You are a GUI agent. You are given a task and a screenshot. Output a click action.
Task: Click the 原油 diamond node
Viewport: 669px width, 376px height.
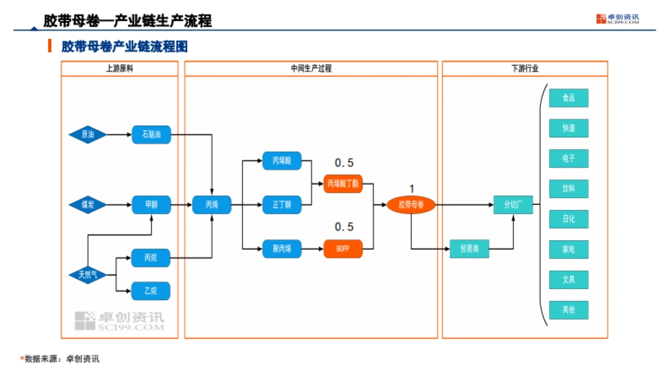(x=88, y=134)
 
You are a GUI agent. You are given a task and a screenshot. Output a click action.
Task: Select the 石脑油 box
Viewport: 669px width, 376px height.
(x=151, y=134)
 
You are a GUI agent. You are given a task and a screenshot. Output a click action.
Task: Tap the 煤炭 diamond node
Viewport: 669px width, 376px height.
(x=88, y=205)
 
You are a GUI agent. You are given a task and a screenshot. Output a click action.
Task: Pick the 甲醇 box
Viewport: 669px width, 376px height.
(x=151, y=205)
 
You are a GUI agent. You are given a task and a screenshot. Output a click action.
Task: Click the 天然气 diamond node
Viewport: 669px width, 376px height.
(x=88, y=275)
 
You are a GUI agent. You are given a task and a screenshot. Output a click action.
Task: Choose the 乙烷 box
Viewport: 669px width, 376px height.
(x=151, y=291)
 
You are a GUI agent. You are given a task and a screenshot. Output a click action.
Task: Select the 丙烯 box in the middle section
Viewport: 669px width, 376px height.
(x=212, y=205)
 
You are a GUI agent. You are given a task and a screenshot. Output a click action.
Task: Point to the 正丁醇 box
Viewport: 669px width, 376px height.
(x=282, y=205)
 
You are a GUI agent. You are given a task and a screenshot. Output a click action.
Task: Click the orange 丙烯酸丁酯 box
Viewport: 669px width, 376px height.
(x=343, y=183)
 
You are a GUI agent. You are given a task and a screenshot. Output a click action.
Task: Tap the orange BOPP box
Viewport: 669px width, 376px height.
(x=343, y=248)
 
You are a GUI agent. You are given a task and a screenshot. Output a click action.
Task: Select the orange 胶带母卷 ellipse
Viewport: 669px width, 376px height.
(x=411, y=205)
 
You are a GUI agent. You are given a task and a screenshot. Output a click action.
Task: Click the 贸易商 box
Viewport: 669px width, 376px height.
(x=469, y=248)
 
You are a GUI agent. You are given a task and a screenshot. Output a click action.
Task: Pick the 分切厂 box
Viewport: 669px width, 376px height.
(x=513, y=205)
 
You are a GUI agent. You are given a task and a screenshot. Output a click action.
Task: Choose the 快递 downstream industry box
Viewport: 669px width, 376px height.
(x=569, y=128)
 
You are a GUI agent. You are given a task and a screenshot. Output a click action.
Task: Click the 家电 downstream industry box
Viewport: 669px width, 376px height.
(x=569, y=250)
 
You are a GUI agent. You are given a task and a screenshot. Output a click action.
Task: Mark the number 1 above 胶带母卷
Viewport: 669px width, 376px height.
(x=411, y=189)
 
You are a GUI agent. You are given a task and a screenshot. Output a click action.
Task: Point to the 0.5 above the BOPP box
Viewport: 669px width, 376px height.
(x=343, y=227)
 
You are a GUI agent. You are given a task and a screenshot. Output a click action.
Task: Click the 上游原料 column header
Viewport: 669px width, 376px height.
(x=119, y=69)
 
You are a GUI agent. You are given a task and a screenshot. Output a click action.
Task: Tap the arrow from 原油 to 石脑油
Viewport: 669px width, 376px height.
(x=119, y=134)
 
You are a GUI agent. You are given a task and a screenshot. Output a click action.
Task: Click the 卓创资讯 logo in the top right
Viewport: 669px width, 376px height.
(x=617, y=19)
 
